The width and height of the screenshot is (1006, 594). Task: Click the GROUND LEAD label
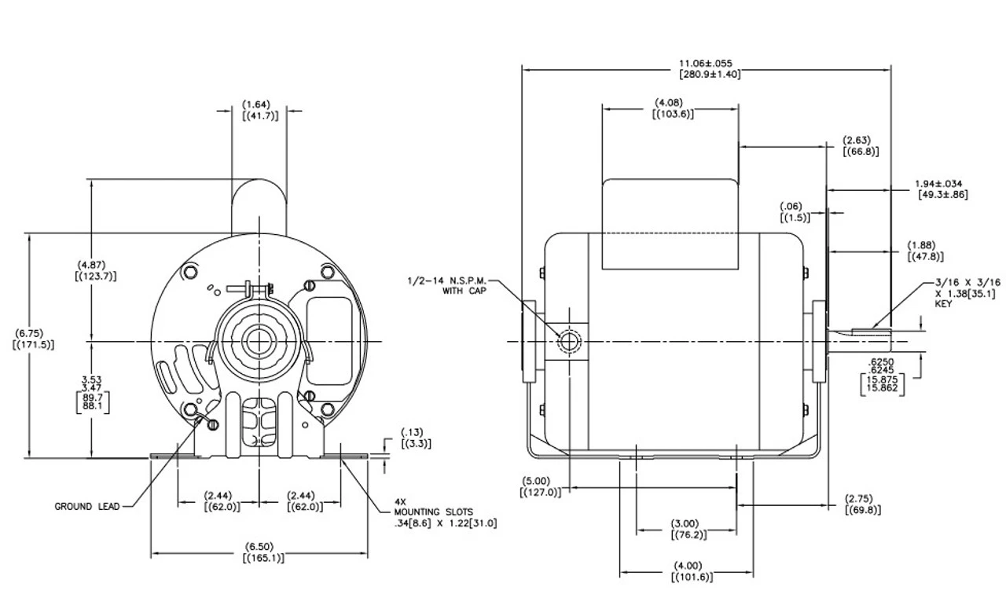[x=87, y=507]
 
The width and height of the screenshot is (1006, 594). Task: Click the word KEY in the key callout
[x=944, y=303]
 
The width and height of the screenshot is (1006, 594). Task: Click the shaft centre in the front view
[x=256, y=342]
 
